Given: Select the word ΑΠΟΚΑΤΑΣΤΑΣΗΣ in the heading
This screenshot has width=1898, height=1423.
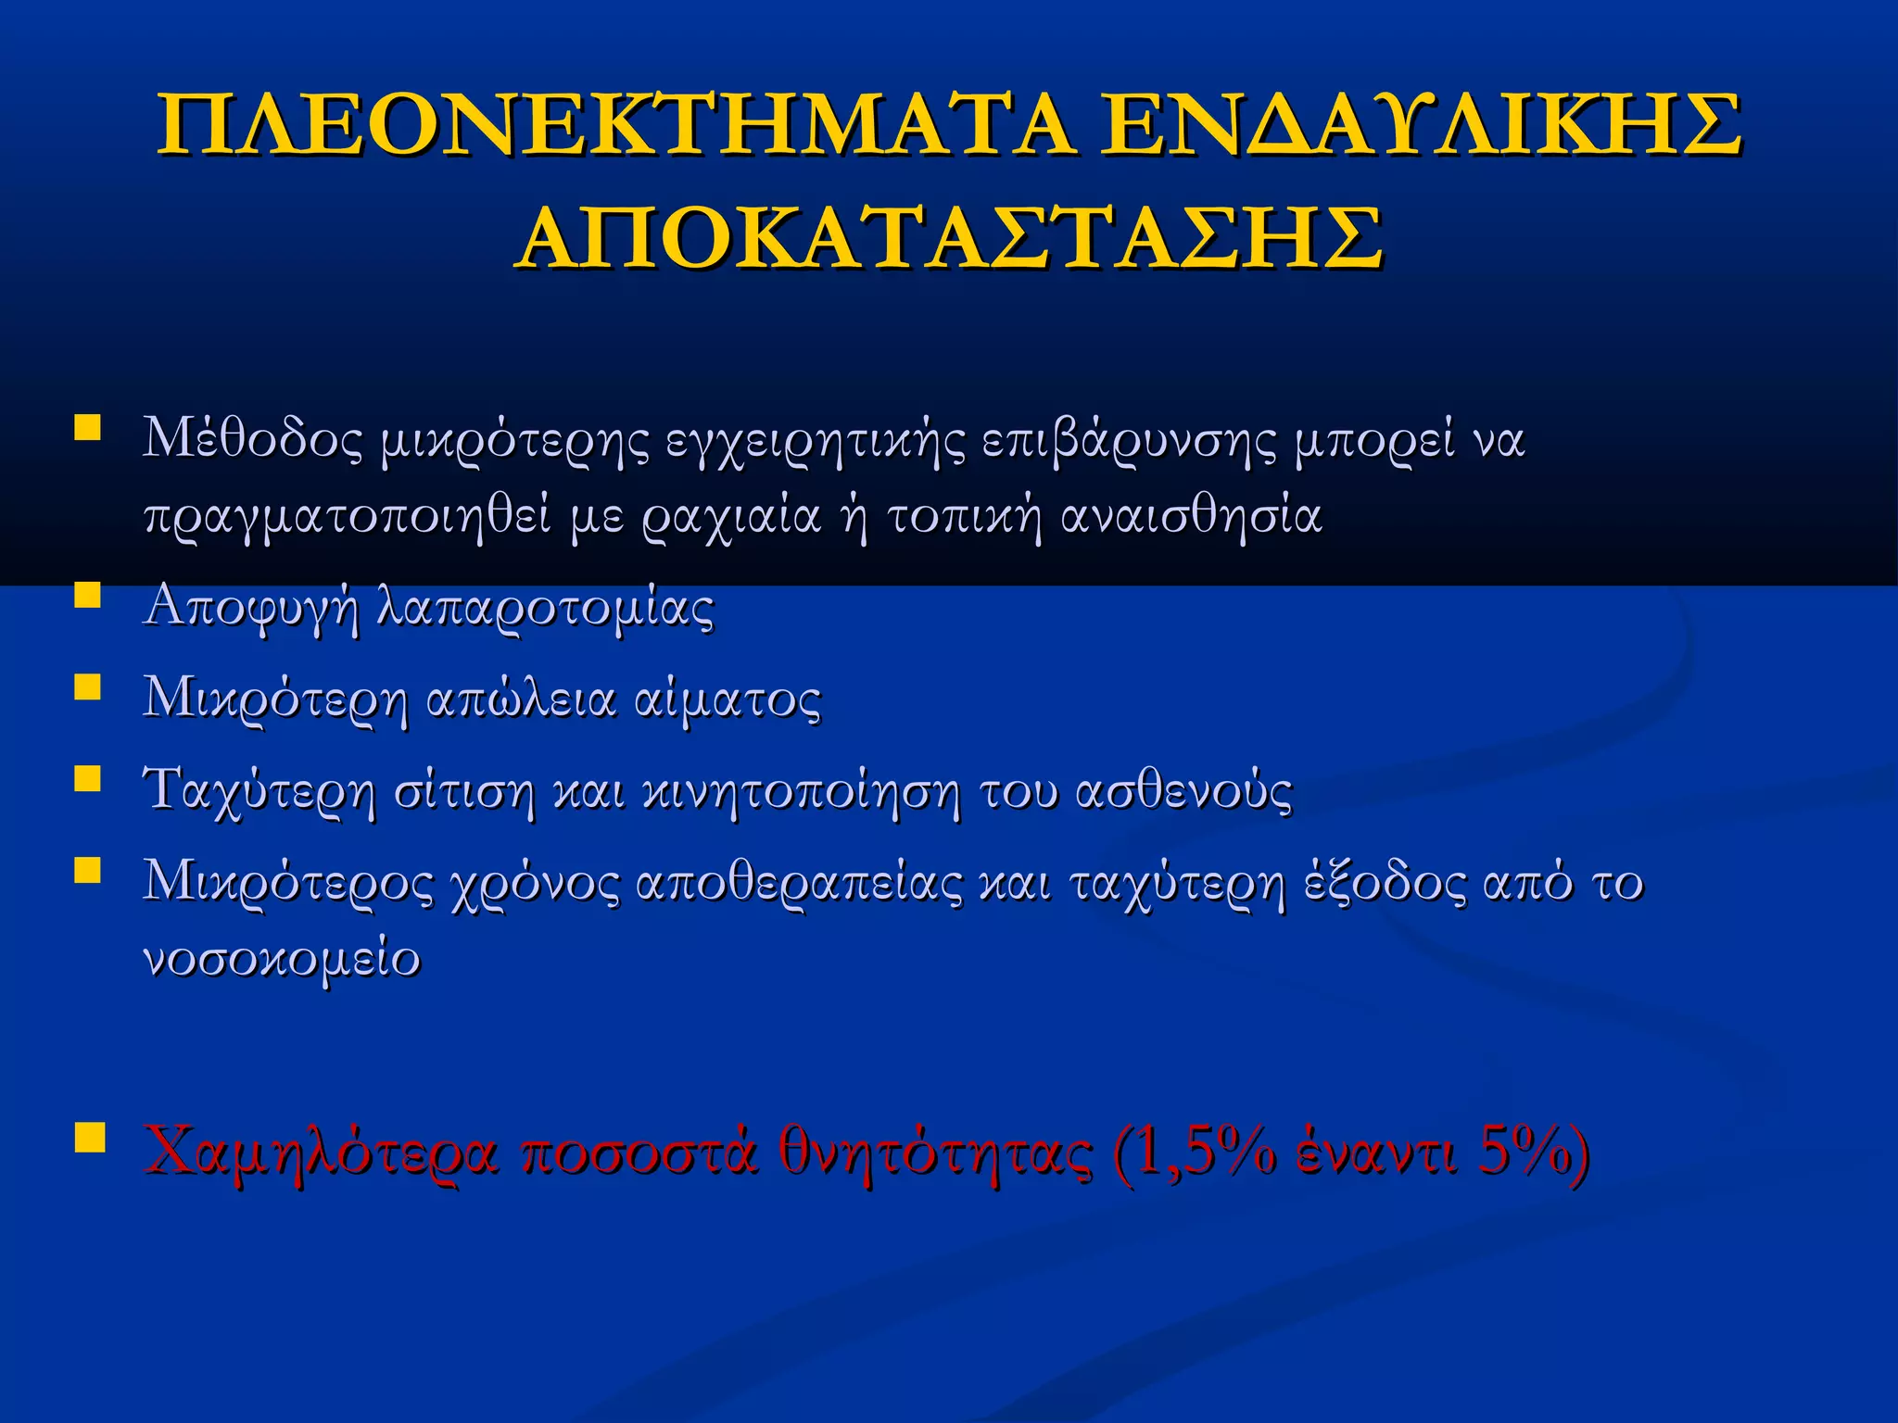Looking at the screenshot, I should (949, 238).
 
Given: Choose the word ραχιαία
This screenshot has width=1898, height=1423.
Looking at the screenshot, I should (731, 517).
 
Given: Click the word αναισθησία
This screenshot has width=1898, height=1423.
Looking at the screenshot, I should (1191, 515).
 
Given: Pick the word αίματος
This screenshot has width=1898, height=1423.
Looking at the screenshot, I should (728, 699).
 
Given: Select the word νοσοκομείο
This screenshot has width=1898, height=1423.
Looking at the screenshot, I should (282, 958).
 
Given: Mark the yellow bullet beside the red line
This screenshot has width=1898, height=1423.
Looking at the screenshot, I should (88, 1137).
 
